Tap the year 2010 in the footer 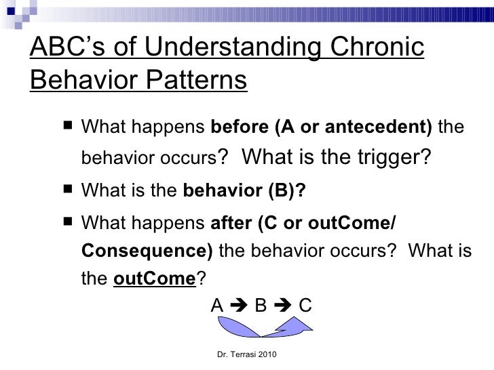pyautogui.click(x=268, y=354)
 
